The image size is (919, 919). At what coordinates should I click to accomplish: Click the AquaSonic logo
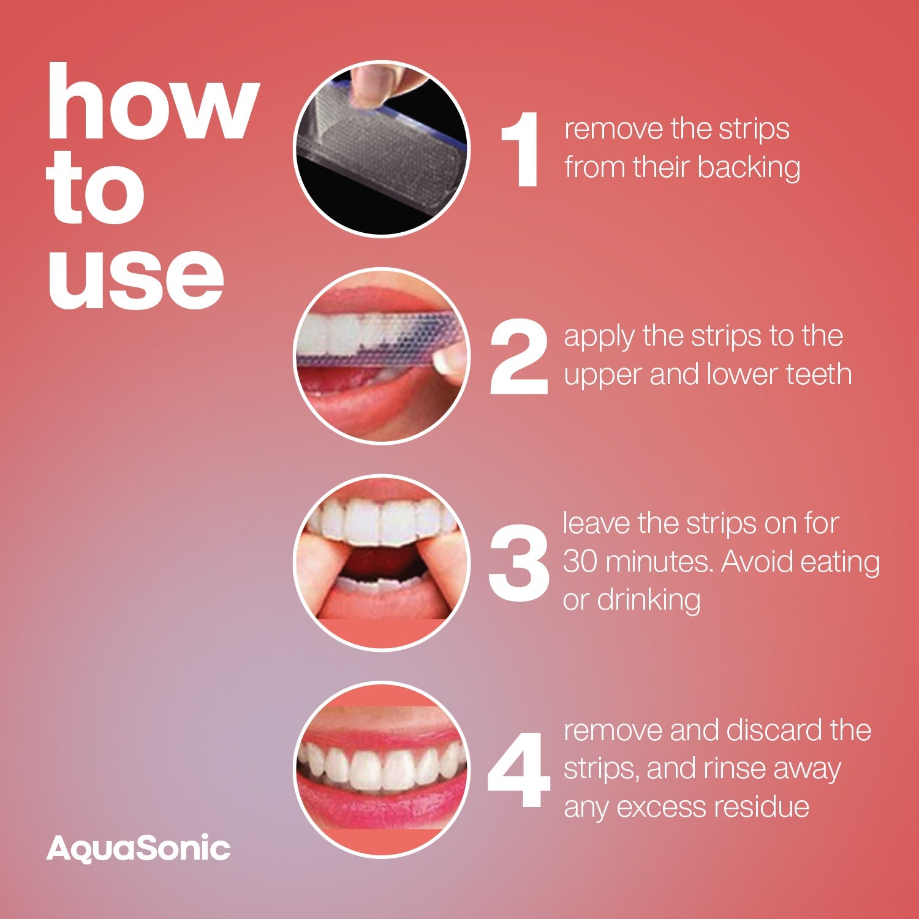pos(138,849)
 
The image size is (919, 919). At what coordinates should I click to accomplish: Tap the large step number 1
pos(521,149)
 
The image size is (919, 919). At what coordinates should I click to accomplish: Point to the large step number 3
pos(518,563)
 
